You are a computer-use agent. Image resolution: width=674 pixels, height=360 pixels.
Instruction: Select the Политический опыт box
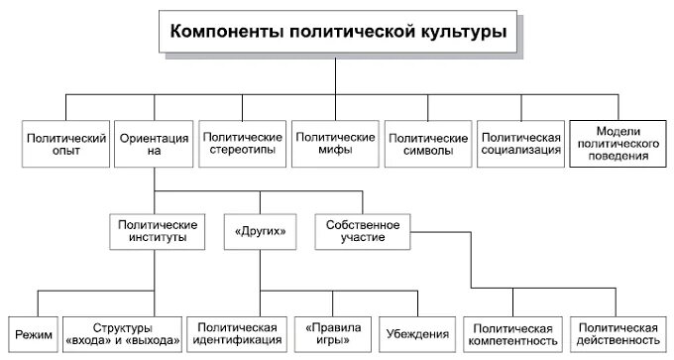[65, 144]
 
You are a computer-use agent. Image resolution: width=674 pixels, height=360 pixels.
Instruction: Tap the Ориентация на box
[154, 144]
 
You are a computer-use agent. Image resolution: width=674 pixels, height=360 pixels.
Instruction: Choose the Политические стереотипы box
[241, 144]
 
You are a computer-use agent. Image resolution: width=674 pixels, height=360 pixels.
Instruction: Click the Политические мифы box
[334, 144]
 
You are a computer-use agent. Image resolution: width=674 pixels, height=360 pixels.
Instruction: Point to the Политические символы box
[426, 144]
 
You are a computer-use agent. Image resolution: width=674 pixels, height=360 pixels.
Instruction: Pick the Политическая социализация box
[520, 144]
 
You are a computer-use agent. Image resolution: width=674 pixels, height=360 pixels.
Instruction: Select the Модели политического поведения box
[618, 144]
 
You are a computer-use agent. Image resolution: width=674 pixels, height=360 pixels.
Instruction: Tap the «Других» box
[261, 231]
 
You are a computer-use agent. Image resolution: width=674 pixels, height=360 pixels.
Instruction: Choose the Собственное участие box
[362, 231]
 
